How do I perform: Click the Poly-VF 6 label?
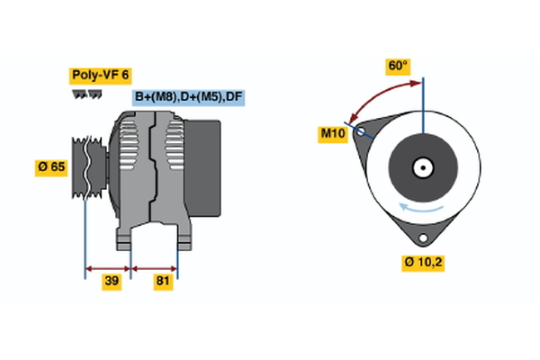(99, 76)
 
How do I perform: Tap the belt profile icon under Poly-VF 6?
(86, 94)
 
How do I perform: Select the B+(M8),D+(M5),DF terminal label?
(189, 97)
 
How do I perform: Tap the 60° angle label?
(398, 67)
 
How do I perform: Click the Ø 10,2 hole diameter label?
(423, 263)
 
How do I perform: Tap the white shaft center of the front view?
(422, 167)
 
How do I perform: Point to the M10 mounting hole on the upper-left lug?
(361, 131)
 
